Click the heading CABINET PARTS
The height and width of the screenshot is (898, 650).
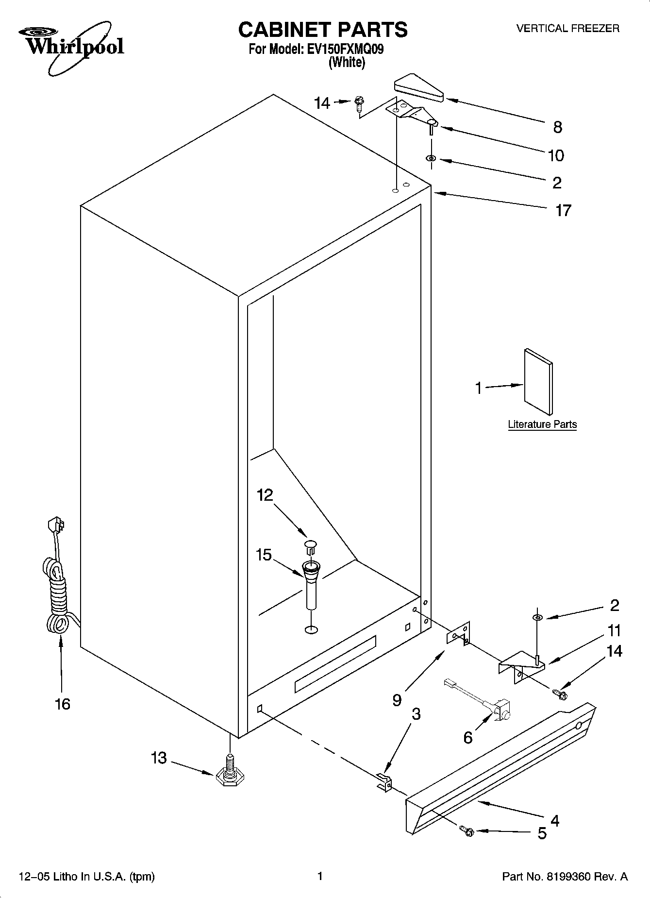[x=323, y=30]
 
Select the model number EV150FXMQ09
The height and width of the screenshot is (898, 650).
[x=346, y=49]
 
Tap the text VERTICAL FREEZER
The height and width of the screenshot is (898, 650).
[x=567, y=29]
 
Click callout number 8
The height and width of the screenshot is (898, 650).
[x=558, y=127]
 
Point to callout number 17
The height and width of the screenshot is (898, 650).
[x=563, y=210]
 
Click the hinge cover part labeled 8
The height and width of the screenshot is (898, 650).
[x=418, y=88]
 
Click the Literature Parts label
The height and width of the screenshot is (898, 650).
[x=542, y=424]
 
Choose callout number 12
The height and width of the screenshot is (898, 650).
[x=265, y=495]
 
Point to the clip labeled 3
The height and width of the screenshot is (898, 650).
[x=384, y=781]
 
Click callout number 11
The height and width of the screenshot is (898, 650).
[x=614, y=631]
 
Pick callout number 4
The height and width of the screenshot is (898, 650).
[x=555, y=820]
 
